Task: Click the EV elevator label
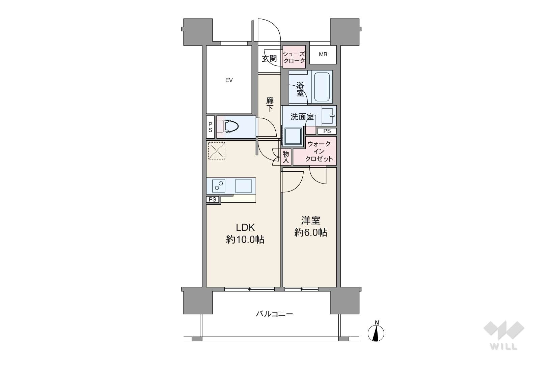(x=229, y=80)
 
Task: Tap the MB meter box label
(x=323, y=54)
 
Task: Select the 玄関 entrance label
(x=269, y=58)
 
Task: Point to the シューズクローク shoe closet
(x=294, y=57)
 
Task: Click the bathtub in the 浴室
(x=322, y=87)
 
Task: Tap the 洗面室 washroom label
(x=302, y=117)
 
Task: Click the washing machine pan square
(x=293, y=137)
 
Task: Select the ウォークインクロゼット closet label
(x=319, y=151)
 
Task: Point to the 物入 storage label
(x=285, y=157)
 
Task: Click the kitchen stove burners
(x=219, y=186)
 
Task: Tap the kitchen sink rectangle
(x=244, y=186)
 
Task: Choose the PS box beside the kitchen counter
(x=213, y=200)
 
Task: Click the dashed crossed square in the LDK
(x=217, y=151)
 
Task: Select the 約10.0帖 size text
(x=245, y=239)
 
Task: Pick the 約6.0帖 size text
(x=311, y=232)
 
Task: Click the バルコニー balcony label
(x=274, y=314)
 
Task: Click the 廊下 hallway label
(x=270, y=105)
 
